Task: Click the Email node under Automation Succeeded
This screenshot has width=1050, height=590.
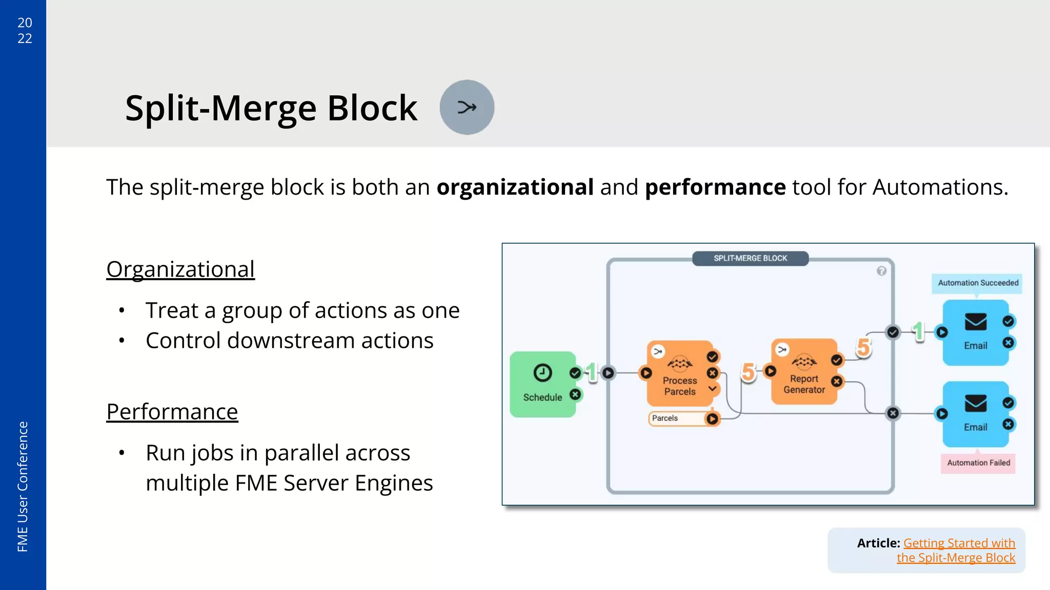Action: [975, 333]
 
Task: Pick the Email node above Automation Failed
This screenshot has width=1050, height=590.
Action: [975, 414]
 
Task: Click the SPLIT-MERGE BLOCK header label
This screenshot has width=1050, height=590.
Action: [750, 258]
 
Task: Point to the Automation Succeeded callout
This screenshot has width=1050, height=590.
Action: [977, 283]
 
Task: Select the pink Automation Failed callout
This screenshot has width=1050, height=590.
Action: [978, 462]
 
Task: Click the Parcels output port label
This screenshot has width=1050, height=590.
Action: [665, 418]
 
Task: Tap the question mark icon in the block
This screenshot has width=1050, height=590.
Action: [881, 271]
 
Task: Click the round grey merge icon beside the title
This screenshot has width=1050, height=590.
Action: [467, 108]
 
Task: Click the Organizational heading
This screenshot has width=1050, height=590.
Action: [180, 269]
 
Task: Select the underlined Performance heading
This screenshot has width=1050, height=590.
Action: [172, 412]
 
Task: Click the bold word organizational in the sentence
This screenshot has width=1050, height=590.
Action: [515, 187]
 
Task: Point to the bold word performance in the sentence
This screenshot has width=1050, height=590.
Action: [715, 187]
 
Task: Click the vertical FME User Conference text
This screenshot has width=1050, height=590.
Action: [23, 486]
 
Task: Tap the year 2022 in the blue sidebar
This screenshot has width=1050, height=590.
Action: [25, 30]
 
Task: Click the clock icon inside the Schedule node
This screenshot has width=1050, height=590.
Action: [542, 372]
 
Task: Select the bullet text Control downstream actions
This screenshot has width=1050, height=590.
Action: [289, 341]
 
